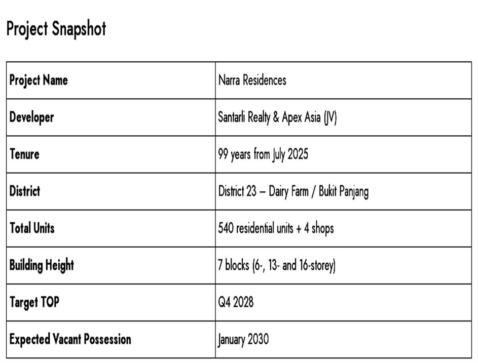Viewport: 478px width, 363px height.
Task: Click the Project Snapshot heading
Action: [x=56, y=29]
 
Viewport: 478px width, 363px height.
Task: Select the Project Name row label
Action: [x=39, y=80]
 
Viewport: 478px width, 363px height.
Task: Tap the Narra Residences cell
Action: [x=252, y=80]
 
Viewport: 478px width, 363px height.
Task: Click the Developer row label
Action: [x=31, y=117]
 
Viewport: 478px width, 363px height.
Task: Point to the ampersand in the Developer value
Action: [x=276, y=117]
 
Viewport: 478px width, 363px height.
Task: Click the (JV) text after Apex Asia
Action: [x=330, y=117]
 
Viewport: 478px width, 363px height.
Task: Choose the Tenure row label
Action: [x=24, y=154]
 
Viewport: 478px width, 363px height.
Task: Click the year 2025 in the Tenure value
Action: [x=298, y=154]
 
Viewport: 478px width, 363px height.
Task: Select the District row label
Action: [x=25, y=191]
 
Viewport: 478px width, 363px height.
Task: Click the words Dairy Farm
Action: [x=288, y=191]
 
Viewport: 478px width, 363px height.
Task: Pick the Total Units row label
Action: [x=32, y=228]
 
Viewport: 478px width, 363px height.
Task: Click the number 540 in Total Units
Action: [x=226, y=228]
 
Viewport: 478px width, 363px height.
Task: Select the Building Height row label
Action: [x=42, y=265]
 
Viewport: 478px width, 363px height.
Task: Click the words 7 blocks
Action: [x=234, y=265]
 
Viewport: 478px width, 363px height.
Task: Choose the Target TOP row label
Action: [x=34, y=302]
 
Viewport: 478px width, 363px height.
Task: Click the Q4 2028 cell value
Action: [x=236, y=302]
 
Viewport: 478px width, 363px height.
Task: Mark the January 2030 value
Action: [x=243, y=339]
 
